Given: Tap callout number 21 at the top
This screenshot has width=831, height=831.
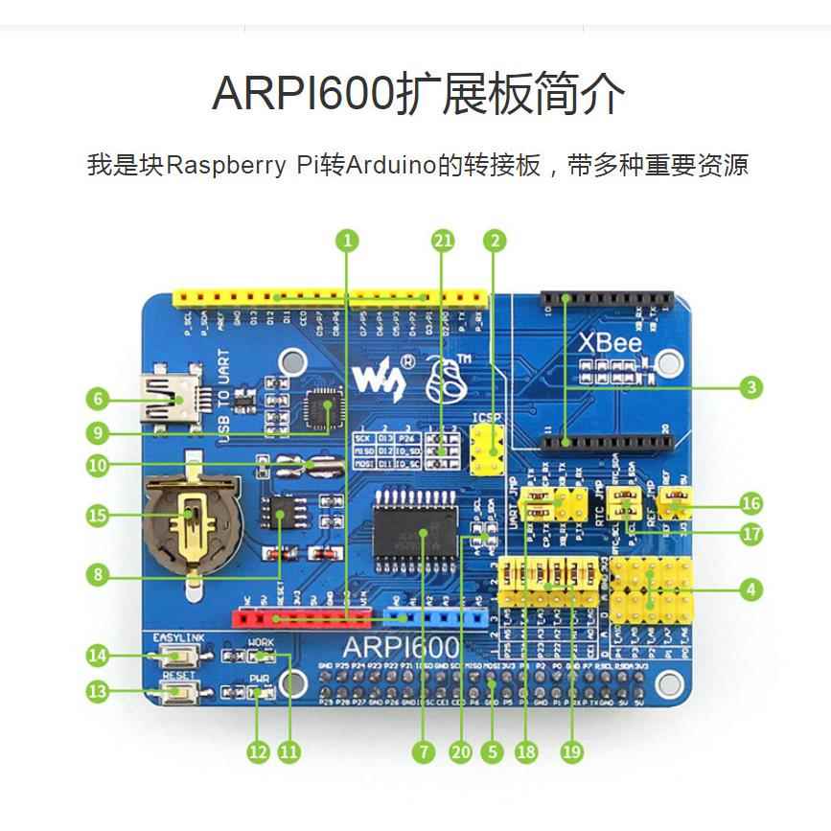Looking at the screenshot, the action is point(442,241).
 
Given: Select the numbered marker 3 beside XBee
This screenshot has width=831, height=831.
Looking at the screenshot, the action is point(752,387).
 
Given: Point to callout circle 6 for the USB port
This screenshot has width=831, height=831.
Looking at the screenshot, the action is point(96,398).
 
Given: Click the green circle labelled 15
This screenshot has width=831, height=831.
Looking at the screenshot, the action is point(96,516).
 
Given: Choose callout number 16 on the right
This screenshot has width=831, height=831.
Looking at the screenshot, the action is point(752,502).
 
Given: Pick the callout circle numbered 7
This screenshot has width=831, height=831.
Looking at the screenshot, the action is point(422,752).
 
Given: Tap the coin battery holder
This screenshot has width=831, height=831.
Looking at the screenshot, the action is point(192,522).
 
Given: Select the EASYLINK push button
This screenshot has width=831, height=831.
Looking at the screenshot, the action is point(175,656).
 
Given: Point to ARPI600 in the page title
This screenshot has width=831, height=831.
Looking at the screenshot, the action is point(303,94).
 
